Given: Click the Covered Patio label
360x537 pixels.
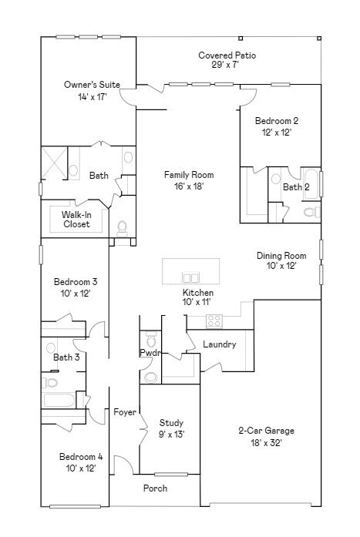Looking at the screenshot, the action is click(227, 55).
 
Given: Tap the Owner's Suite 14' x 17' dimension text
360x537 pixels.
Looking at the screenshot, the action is click(93, 97).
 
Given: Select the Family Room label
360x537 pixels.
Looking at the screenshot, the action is click(189, 175).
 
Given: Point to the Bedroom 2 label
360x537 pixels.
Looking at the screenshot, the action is click(277, 120).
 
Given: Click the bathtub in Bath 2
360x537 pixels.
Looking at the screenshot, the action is click(311, 183).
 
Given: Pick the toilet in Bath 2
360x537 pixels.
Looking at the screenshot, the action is click(311, 212).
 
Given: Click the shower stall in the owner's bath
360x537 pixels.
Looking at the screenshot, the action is click(55, 163).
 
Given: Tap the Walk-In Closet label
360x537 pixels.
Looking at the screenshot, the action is click(76, 219).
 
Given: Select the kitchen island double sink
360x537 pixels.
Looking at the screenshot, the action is click(190, 277).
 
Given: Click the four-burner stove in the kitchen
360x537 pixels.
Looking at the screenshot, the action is click(214, 321).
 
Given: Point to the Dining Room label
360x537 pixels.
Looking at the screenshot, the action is click(281, 256).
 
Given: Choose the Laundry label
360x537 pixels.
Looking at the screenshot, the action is click(219, 344).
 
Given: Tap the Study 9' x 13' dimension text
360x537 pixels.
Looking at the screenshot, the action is click(172, 435).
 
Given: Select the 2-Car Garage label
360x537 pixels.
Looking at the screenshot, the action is click(266, 431).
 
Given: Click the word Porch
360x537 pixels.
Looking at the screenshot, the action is click(155, 488).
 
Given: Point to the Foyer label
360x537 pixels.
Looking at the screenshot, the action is click(125, 412).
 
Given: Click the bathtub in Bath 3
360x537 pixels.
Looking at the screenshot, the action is click(59, 400).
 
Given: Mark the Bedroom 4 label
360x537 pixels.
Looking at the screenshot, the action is click(81, 457).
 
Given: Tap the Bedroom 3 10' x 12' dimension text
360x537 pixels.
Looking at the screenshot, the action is click(76, 294).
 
